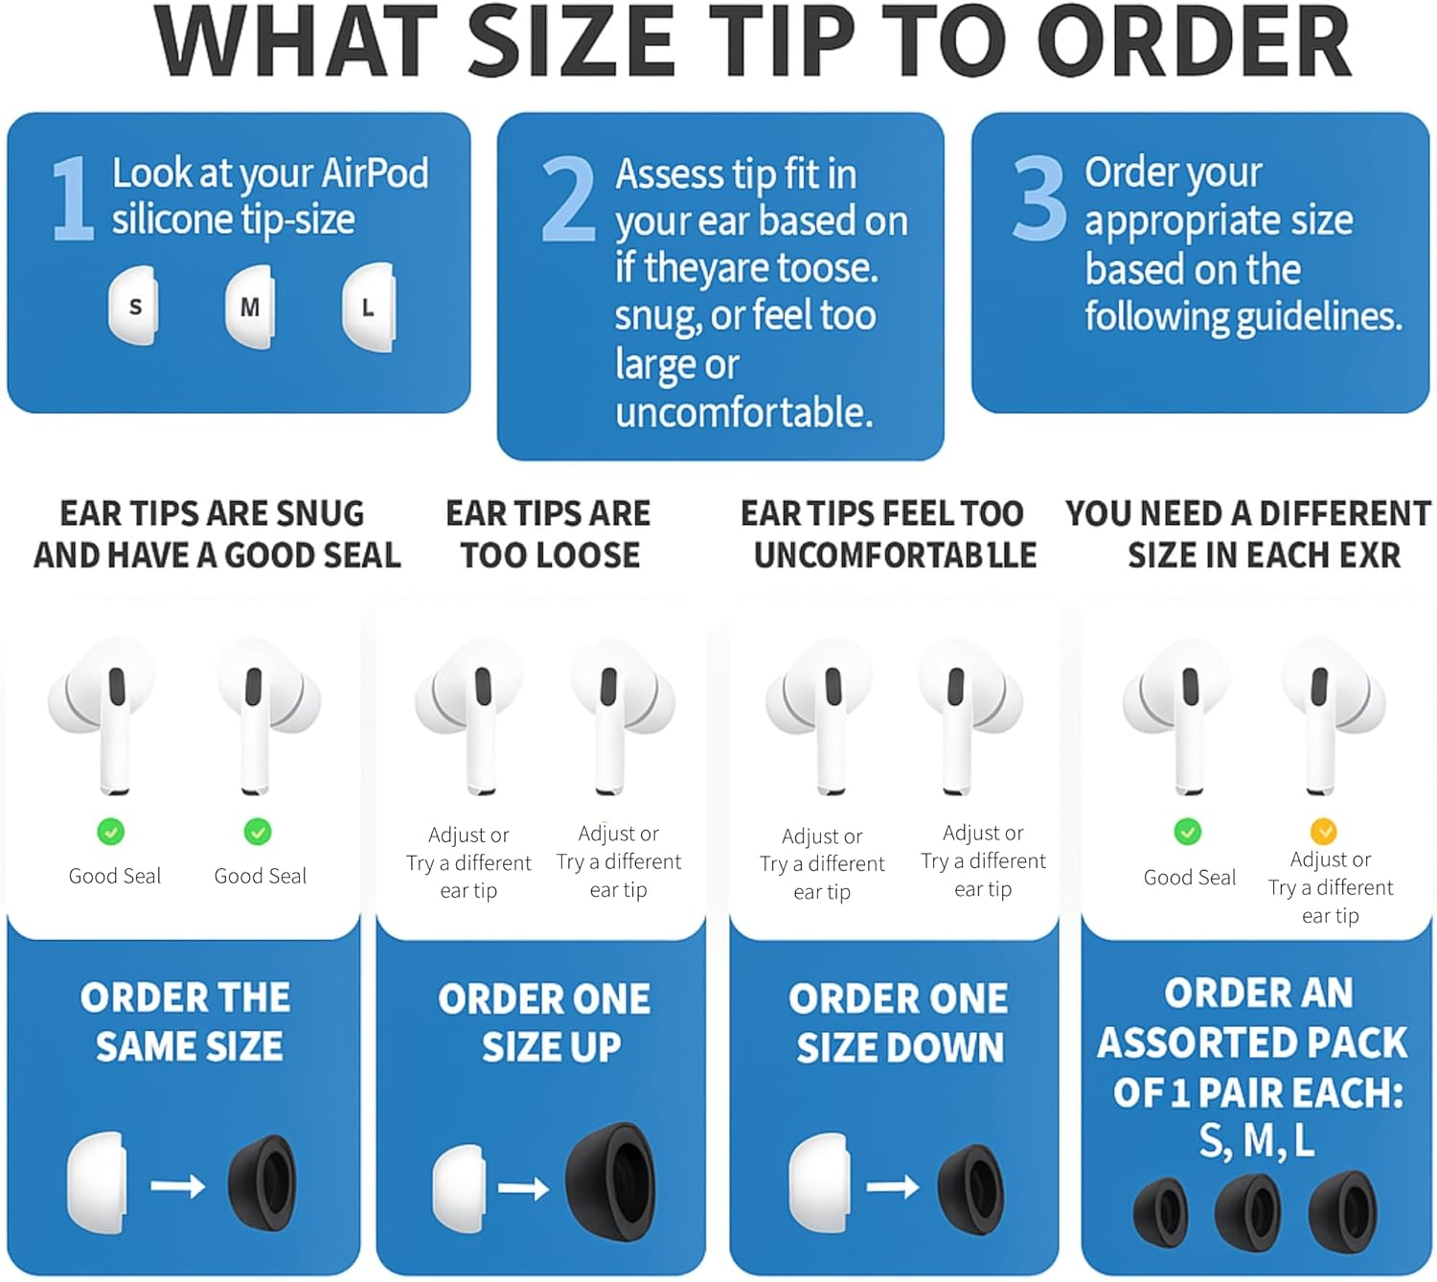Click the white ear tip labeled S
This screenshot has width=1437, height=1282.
click(134, 307)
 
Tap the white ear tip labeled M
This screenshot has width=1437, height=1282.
click(250, 307)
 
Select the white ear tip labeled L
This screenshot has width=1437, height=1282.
click(368, 308)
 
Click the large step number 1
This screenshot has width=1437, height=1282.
click(73, 199)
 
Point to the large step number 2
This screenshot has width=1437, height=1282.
click(568, 200)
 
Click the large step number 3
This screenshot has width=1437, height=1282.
click(1038, 199)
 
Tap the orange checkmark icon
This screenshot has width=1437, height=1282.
click(1323, 830)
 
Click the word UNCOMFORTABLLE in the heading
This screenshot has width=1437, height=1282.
click(895, 556)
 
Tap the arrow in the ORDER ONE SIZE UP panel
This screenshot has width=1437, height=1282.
click(523, 1189)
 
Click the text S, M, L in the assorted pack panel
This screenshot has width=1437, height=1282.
click(1256, 1140)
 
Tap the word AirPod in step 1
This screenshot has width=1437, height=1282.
click(375, 173)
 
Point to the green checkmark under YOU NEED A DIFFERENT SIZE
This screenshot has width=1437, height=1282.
click(1188, 831)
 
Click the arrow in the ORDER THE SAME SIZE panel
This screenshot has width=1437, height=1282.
click(178, 1186)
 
